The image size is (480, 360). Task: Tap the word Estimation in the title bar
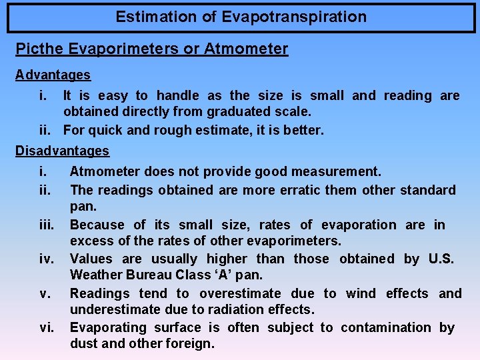157,17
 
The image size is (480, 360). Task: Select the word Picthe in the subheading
37,49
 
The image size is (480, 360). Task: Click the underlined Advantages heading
53,75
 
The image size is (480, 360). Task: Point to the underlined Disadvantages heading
62,151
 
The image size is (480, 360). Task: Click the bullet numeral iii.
47,225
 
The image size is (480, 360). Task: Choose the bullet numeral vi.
46,327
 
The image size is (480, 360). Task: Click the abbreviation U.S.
439,259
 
